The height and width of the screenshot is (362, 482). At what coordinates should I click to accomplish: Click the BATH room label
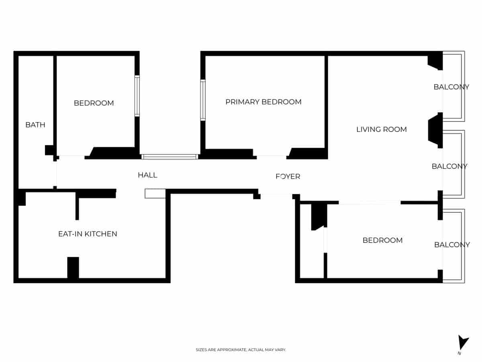[x=35, y=125]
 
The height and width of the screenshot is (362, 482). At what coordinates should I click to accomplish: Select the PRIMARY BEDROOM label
[x=263, y=102]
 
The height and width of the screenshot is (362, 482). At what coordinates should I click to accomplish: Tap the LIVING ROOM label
[x=381, y=130]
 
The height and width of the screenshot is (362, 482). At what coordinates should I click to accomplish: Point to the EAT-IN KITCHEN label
[x=88, y=234]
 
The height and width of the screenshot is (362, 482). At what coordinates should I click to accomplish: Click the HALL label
[x=147, y=175]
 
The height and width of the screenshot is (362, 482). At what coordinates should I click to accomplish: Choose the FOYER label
[x=288, y=177]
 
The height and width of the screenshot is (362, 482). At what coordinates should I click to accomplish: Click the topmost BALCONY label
[x=451, y=87]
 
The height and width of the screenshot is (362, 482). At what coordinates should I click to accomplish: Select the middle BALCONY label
[x=449, y=167]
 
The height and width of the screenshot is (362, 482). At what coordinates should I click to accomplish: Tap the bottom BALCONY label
[x=452, y=245]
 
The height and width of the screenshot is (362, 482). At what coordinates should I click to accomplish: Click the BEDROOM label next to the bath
[x=94, y=103]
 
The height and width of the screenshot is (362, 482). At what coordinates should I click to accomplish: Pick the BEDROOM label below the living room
[x=382, y=240]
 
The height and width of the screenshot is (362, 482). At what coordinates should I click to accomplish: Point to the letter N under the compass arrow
[x=459, y=354]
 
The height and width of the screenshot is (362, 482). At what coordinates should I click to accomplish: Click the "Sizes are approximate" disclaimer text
[x=241, y=350]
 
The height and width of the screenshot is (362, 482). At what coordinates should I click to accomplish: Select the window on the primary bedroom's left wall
[x=203, y=100]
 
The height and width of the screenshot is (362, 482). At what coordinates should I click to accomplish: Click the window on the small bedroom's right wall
[x=137, y=96]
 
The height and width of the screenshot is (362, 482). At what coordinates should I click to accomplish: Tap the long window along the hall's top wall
[x=170, y=156]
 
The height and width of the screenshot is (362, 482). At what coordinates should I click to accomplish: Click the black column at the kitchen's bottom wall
[x=73, y=267]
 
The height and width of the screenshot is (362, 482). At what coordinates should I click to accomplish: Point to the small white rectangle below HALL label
[x=155, y=194]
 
